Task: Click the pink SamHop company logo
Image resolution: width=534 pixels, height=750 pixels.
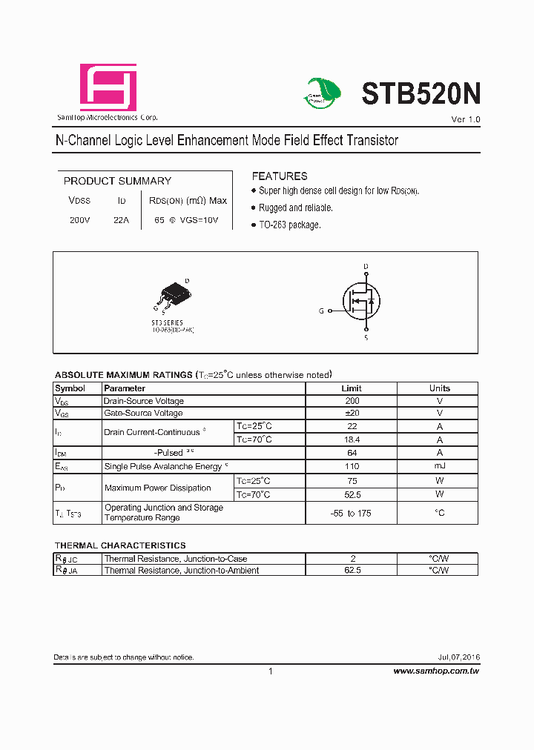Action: click(x=108, y=87)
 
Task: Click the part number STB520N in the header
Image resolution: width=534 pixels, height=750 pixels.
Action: click(x=421, y=94)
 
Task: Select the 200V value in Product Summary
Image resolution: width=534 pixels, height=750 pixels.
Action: click(x=79, y=220)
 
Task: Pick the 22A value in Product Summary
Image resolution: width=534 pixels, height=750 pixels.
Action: click(x=122, y=220)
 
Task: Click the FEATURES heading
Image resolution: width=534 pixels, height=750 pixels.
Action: click(x=280, y=176)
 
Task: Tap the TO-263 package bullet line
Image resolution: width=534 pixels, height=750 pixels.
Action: click(x=289, y=225)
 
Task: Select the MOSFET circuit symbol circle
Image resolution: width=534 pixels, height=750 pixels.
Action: click(x=361, y=302)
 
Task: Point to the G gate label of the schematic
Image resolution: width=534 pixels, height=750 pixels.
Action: click(x=321, y=312)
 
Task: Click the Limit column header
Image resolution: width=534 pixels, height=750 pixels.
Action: click(x=352, y=388)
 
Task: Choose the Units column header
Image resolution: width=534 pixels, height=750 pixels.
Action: click(x=439, y=388)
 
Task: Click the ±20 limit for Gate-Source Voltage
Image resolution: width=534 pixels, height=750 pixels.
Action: click(x=352, y=414)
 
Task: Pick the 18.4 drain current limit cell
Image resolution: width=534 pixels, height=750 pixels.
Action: click(x=352, y=439)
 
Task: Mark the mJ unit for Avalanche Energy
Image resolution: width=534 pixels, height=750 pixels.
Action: click(x=439, y=466)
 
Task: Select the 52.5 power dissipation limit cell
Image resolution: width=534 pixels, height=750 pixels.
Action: click(x=352, y=494)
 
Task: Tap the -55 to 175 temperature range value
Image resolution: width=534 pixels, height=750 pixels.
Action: click(x=352, y=513)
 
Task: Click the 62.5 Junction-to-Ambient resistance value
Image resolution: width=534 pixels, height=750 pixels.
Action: click(x=352, y=571)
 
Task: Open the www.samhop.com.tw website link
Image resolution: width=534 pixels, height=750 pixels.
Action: click(x=436, y=671)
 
